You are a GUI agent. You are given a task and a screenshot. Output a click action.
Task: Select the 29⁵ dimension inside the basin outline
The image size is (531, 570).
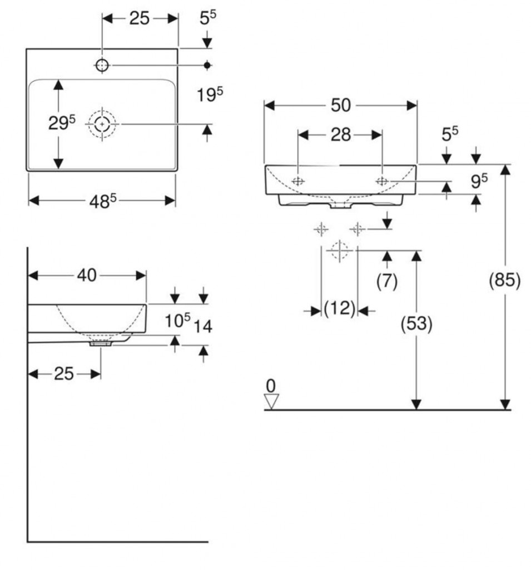pyautogui.click(x=62, y=123)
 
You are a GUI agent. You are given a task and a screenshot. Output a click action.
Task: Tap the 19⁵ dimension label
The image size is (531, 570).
pyautogui.click(x=210, y=95)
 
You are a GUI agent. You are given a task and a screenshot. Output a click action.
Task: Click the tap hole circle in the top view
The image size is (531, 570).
pyautogui.click(x=102, y=65)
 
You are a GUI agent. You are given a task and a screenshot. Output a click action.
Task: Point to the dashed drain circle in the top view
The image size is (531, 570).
pyautogui.click(x=102, y=124)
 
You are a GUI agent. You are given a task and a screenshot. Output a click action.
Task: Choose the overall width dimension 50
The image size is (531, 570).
pyautogui.click(x=340, y=105)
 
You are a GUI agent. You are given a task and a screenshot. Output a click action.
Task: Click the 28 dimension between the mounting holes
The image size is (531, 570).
pyautogui.click(x=340, y=134)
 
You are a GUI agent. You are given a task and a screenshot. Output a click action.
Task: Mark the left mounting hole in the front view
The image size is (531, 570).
pyautogui.click(x=299, y=180)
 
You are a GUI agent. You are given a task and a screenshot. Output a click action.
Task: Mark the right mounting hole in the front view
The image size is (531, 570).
pyautogui.click(x=382, y=180)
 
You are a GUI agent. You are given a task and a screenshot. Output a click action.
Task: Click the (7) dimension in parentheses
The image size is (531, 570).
pyautogui.click(x=387, y=282)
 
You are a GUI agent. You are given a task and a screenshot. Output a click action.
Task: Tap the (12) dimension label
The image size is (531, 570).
pyautogui.click(x=339, y=308)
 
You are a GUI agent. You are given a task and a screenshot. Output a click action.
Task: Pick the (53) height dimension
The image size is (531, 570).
pyautogui.click(x=416, y=324)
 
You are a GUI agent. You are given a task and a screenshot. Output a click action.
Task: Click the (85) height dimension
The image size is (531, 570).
pyautogui.click(x=504, y=281)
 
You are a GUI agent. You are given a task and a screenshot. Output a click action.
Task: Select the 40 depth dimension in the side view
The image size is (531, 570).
pyautogui.click(x=87, y=275)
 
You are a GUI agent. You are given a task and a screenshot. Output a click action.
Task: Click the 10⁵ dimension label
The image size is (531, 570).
pyautogui.click(x=177, y=321)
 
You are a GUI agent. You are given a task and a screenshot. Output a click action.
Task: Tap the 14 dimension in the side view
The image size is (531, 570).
pyautogui.click(x=203, y=326)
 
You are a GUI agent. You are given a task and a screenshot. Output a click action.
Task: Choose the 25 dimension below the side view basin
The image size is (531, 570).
pyautogui.click(x=64, y=374)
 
